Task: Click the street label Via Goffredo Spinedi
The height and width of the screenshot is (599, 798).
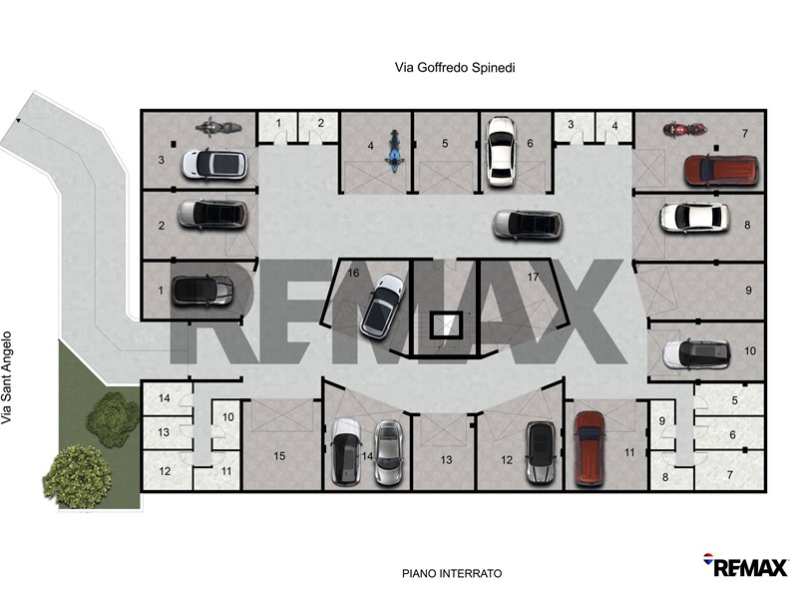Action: pyautogui.click(x=455, y=67)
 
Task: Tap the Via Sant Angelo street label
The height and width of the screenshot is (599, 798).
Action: pyautogui.click(x=6, y=378)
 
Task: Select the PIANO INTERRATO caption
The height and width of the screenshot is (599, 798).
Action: pyautogui.click(x=452, y=573)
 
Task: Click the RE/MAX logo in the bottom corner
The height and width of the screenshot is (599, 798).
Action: pyautogui.click(x=745, y=566)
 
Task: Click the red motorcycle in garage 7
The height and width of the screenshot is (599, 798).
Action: pyautogui.click(x=684, y=130)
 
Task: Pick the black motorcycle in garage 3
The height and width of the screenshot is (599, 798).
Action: pyautogui.click(x=217, y=127)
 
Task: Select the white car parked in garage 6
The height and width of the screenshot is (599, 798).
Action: pyautogui.click(x=502, y=152)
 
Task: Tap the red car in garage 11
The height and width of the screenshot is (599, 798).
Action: pyautogui.click(x=590, y=448)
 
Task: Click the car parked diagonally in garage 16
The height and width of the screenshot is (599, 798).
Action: pyautogui.click(x=382, y=305)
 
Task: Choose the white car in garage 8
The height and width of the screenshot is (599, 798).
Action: pyautogui.click(x=694, y=218)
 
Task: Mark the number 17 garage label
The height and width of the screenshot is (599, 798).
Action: pyautogui.click(x=533, y=277)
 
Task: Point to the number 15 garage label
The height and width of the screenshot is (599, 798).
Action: pyautogui.click(x=279, y=456)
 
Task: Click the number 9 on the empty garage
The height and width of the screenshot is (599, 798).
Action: pyautogui.click(x=748, y=290)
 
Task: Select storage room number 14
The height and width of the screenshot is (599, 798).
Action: pyautogui.click(x=164, y=398)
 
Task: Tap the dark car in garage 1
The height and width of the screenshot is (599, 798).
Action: pyautogui.click(x=202, y=291)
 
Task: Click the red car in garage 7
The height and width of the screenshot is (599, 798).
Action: pyautogui.click(x=721, y=170)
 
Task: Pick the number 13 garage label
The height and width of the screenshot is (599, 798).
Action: pyautogui.click(x=446, y=460)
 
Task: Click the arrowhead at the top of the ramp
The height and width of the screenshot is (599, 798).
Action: pyautogui.click(x=18, y=121)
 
